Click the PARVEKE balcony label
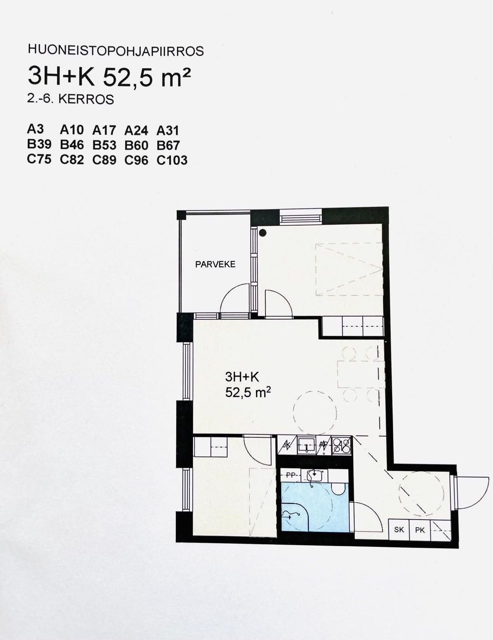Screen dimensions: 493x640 click(215, 264)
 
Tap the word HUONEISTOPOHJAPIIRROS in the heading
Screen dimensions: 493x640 click(116, 51)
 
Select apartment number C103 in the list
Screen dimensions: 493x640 click(172, 160)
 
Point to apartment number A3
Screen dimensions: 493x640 click(35, 129)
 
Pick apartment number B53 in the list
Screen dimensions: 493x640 click(104, 145)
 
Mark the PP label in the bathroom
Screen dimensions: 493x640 click(290, 475)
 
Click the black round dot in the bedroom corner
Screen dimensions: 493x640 click(262, 233)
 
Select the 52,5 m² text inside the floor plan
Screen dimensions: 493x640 click(248, 392)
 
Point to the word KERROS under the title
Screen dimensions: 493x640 click(86, 100)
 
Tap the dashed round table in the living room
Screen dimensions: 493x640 click(315, 413)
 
